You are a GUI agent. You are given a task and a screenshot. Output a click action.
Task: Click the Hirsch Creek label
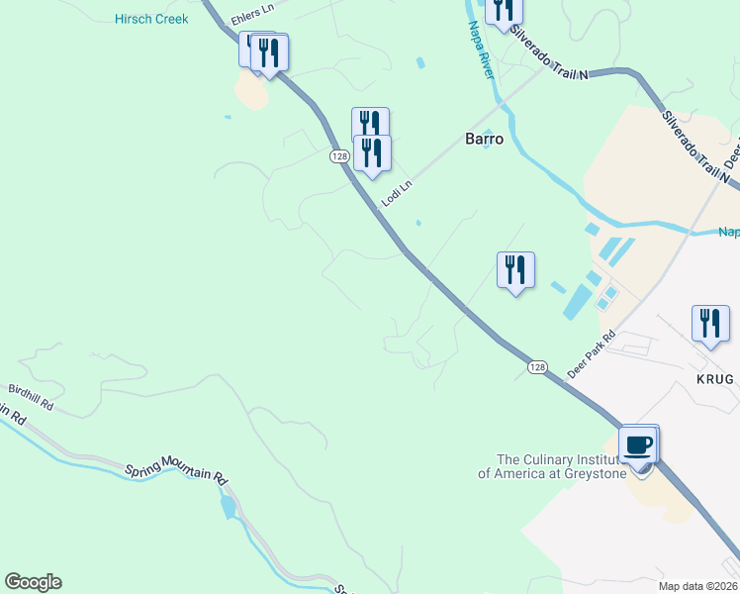click(x=151, y=19)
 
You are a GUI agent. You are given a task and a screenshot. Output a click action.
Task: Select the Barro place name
click(x=485, y=140)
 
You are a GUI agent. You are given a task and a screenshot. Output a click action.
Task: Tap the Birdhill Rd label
click(x=30, y=399)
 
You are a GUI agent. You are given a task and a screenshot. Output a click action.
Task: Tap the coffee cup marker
click(x=639, y=445)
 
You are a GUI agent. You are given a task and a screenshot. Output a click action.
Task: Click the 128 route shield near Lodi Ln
click(x=339, y=156)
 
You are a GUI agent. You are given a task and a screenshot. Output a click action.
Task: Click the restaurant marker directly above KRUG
click(x=710, y=324)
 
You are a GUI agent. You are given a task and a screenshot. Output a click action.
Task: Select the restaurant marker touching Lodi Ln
click(x=373, y=153)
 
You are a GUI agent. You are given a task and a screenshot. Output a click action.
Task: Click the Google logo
click(x=33, y=582)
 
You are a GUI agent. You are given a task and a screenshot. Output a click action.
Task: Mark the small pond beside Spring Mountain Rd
click(x=230, y=507)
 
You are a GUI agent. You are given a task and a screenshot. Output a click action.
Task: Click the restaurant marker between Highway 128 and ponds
click(x=515, y=270)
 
